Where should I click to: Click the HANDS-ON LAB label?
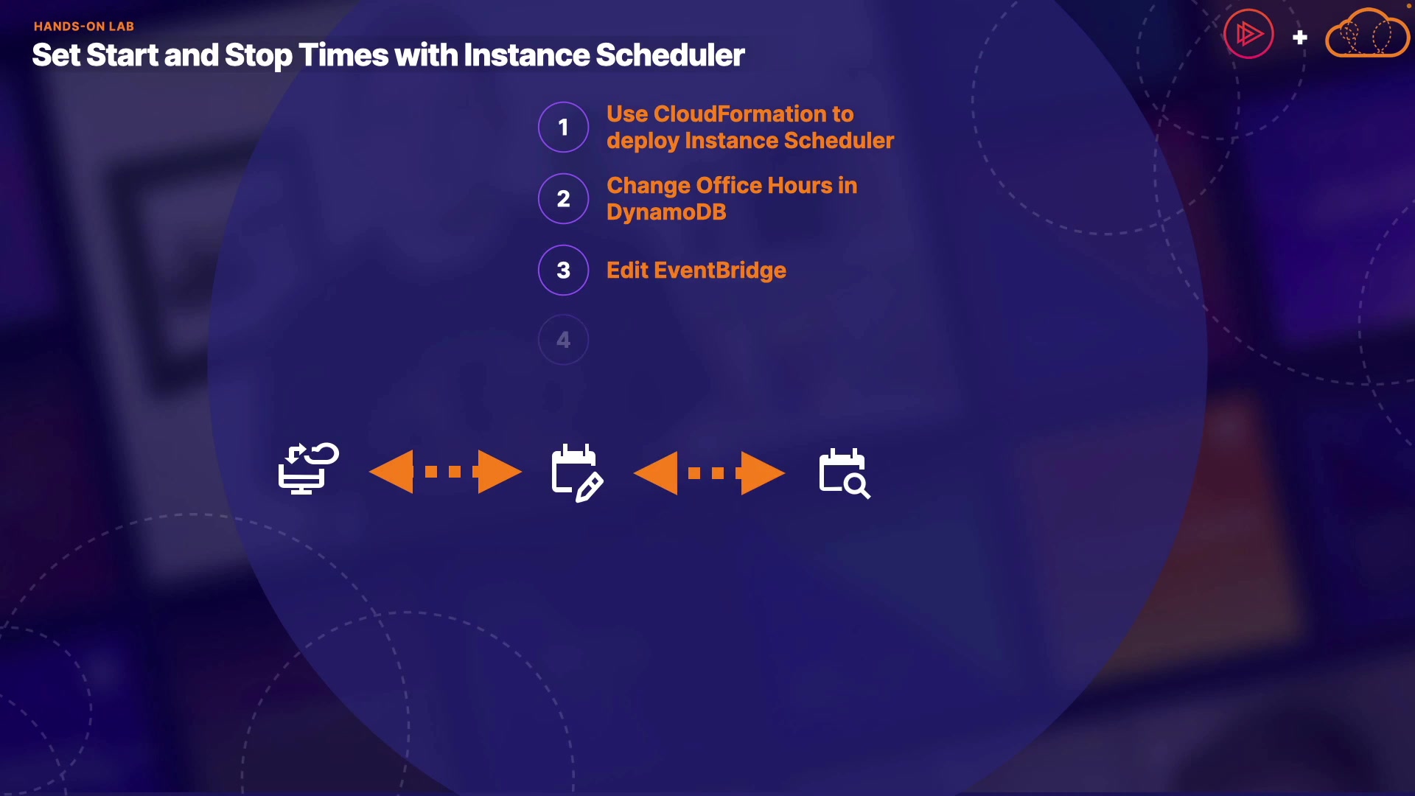pyautogui.click(x=84, y=27)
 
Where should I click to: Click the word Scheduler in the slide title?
pyautogui.click(x=670, y=55)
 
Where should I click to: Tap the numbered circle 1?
pyautogui.click(x=564, y=128)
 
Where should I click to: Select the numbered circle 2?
pyautogui.click(x=564, y=199)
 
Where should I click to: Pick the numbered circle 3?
pyautogui.click(x=564, y=270)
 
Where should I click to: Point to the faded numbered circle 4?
pyautogui.click(x=564, y=340)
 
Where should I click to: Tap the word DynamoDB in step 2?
pyautogui.click(x=666, y=212)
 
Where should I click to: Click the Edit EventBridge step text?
pyautogui.click(x=696, y=270)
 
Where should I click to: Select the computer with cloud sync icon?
pyautogui.click(x=309, y=469)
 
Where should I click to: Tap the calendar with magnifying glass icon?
pyautogui.click(x=845, y=474)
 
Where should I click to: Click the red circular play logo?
pyautogui.click(x=1248, y=34)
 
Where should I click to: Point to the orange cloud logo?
pyautogui.click(x=1368, y=33)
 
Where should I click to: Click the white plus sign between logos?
pyautogui.click(x=1300, y=37)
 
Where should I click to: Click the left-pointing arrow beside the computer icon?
pyautogui.click(x=391, y=472)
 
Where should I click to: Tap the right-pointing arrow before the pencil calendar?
pyautogui.click(x=500, y=472)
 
